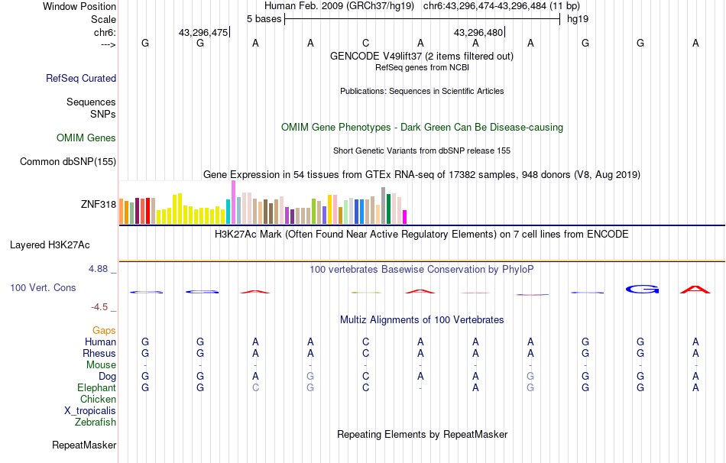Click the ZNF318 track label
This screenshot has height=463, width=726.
pyautogui.click(x=98, y=204)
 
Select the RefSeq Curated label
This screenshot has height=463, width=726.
pyautogui.click(x=81, y=78)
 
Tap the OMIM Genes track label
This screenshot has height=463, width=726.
pyautogui.click(x=86, y=138)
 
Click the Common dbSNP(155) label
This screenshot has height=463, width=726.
pyautogui.click(x=68, y=161)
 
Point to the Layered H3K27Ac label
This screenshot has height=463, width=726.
pyautogui.click(x=50, y=245)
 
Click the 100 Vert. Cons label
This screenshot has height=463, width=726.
pyautogui.click(x=43, y=288)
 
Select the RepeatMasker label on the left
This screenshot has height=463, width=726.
pyautogui.click(x=84, y=445)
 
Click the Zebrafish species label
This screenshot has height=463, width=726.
pyautogui.click(x=96, y=422)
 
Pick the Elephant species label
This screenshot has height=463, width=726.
pyautogui.click(x=96, y=388)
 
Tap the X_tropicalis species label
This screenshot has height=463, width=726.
pyautogui.click(x=90, y=410)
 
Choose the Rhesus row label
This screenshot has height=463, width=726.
pyautogui.click(x=99, y=354)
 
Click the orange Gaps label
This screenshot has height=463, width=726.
pyautogui.click(x=104, y=330)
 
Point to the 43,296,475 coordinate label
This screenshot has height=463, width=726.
pyautogui.click(x=203, y=33)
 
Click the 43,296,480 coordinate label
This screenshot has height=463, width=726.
pyautogui.click(x=478, y=33)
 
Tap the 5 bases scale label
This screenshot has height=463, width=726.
pyautogui.click(x=264, y=18)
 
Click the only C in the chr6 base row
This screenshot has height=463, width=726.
pyautogui.click(x=366, y=44)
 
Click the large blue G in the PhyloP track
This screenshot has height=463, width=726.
pyautogui.click(x=642, y=289)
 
